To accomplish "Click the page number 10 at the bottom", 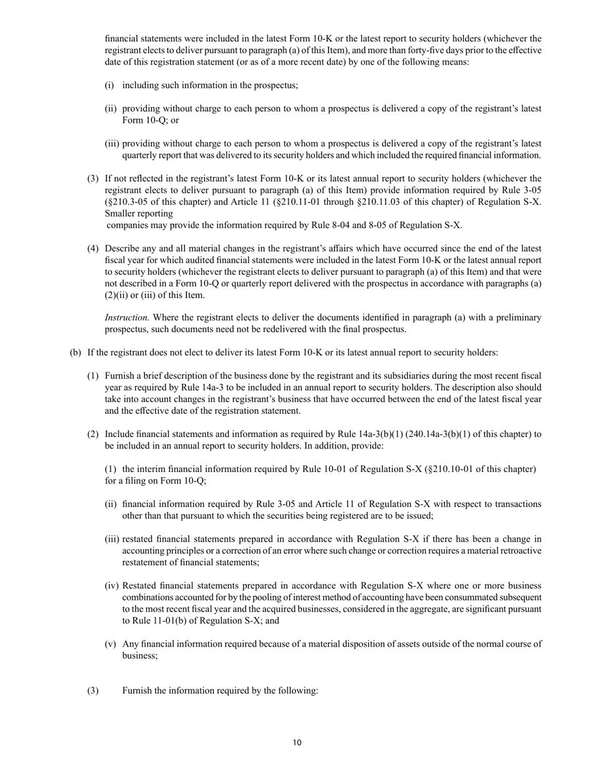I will (x=296, y=743).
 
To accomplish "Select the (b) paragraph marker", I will (x=75, y=352).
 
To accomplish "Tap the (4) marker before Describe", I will (x=93, y=249).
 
